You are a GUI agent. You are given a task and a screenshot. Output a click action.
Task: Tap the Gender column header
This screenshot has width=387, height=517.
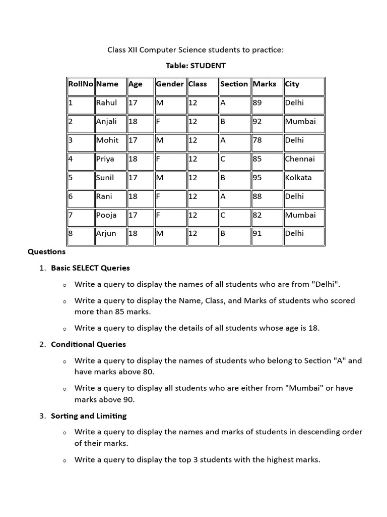click(170, 84)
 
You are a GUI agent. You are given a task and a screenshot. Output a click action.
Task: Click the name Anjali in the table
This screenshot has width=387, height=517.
click(106, 122)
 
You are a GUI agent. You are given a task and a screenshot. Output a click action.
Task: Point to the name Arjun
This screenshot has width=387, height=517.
click(106, 234)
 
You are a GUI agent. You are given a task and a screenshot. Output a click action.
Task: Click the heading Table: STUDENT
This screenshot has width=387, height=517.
click(196, 66)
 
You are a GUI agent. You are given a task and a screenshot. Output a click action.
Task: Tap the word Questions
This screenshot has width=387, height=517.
click(46, 251)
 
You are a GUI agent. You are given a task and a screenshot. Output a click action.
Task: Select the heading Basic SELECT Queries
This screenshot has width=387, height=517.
click(90, 268)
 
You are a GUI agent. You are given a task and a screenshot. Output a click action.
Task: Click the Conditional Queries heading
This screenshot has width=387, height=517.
click(88, 344)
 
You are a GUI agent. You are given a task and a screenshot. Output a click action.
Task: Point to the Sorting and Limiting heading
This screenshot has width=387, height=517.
click(89, 416)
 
